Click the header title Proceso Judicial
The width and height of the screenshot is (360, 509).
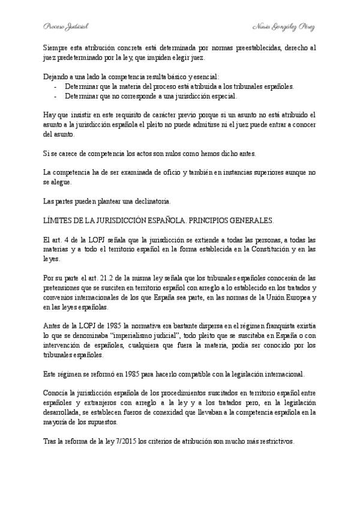(66, 27)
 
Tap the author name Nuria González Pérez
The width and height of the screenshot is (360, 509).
(284, 27)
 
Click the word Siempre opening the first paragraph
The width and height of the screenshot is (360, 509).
(55, 47)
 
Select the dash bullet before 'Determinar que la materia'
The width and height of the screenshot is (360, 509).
(56, 86)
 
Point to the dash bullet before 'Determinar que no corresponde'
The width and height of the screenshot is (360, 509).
(56, 96)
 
